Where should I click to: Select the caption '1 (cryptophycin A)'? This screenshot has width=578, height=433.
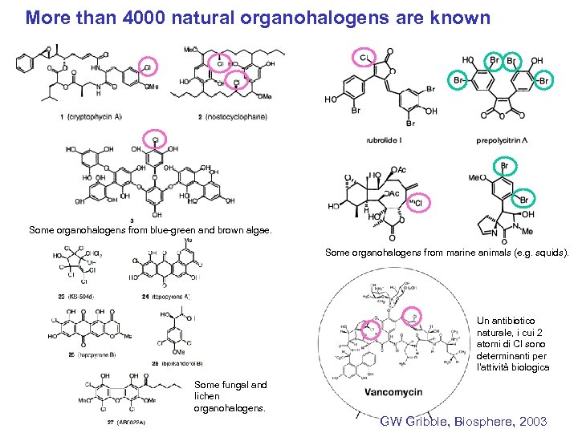coord(90,117)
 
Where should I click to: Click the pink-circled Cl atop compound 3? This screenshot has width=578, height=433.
coord(155,138)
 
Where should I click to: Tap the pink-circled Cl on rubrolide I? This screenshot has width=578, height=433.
coord(364,57)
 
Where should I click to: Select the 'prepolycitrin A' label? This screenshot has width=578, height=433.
coord(502,140)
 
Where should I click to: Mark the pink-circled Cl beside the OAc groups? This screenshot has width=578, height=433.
coord(417,204)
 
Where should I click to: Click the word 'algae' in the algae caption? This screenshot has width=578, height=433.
coord(258,230)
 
